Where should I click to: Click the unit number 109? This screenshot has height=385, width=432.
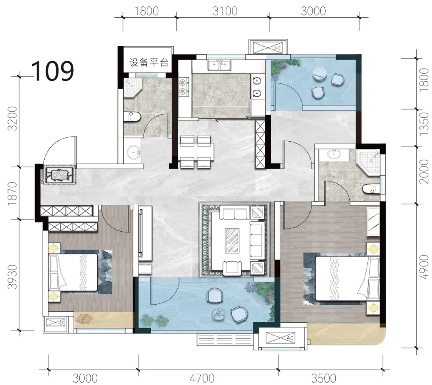tap(53, 71)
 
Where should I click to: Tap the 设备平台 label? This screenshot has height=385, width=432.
tap(149, 62)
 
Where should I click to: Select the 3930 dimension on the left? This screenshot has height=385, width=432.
tap(12, 277)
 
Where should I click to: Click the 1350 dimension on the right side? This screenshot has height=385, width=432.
tap(424, 124)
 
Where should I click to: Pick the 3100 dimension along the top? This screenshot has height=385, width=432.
tap(225, 11)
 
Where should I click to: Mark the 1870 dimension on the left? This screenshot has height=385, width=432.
tap(12, 194)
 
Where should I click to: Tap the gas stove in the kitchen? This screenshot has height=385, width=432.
tap(183, 87)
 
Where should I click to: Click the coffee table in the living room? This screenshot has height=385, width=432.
tap(232, 240)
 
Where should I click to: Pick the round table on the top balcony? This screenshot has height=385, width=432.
tap(319, 74)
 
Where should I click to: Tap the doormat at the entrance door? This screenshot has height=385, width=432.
tap(58, 175)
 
